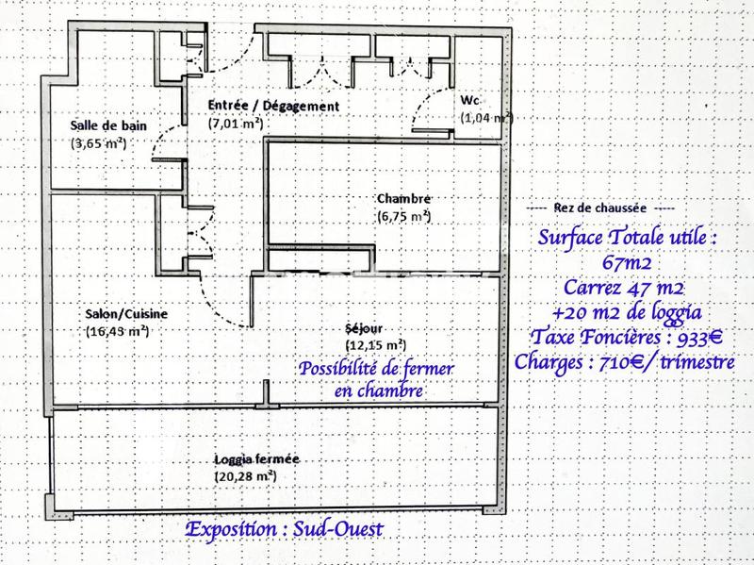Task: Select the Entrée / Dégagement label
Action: point(272,107)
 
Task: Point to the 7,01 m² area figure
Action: point(235,124)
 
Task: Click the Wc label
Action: point(469,99)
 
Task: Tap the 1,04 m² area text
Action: point(486,118)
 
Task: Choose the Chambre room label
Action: point(403,198)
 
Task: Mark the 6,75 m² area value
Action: point(403,216)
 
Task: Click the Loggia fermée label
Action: point(255,458)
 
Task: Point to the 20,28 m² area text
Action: point(244,476)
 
